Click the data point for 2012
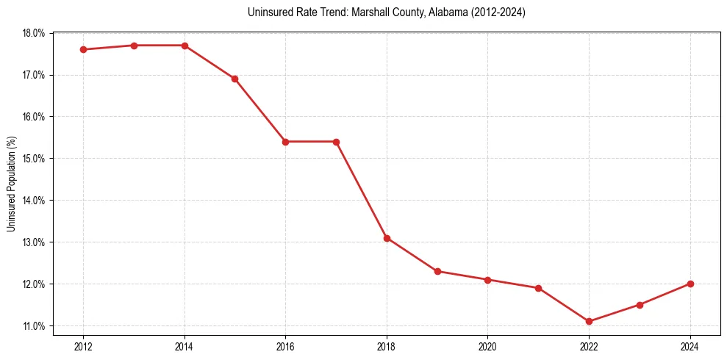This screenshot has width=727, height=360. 84,49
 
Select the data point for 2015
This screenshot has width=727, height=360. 235,79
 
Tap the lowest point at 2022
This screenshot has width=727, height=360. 589,321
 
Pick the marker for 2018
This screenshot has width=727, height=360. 387,238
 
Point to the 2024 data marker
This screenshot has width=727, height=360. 690,284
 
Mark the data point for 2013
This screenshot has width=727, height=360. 134,46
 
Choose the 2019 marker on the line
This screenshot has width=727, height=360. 437,271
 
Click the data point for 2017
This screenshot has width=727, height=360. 336,142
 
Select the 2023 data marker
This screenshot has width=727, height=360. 640,305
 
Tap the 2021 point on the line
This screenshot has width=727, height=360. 538,288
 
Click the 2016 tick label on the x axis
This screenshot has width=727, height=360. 285,346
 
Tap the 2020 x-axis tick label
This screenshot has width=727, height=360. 487,346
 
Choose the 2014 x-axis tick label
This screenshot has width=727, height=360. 185,346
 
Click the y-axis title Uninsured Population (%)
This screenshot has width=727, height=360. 12,184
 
